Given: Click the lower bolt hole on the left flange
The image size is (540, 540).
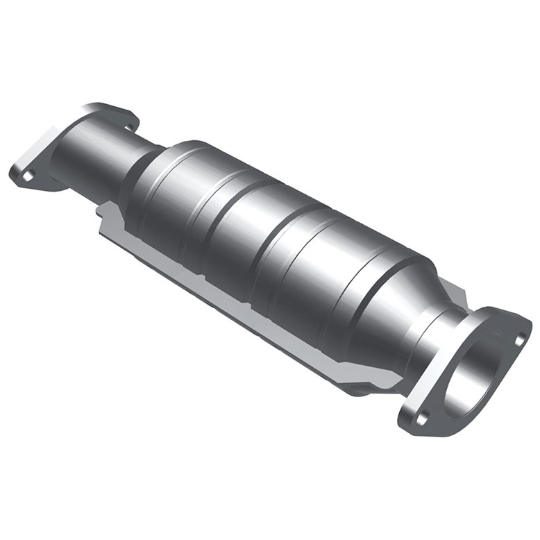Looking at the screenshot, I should pyautogui.click(x=26, y=175).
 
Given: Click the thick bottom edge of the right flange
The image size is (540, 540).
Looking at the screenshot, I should pyautogui.click(x=444, y=423).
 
